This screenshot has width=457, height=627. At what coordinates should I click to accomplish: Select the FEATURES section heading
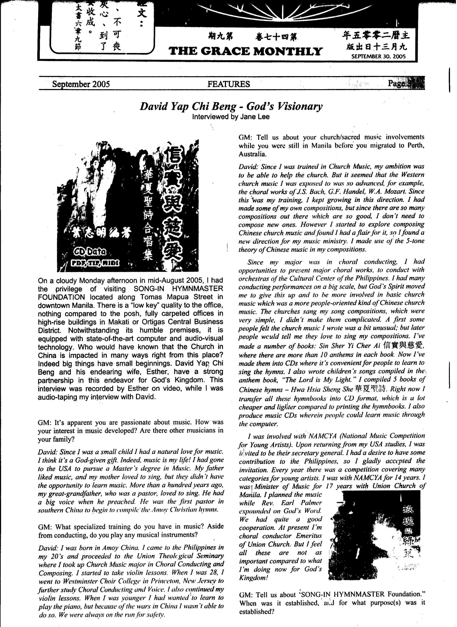[229, 84]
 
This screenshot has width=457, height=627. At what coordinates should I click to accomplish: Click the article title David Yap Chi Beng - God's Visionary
[231, 106]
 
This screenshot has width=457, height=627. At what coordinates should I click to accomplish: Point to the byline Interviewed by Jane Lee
[231, 117]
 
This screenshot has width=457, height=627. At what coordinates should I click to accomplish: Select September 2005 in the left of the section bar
[81, 84]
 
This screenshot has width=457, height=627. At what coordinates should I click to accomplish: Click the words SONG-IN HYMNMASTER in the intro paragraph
[178, 289]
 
